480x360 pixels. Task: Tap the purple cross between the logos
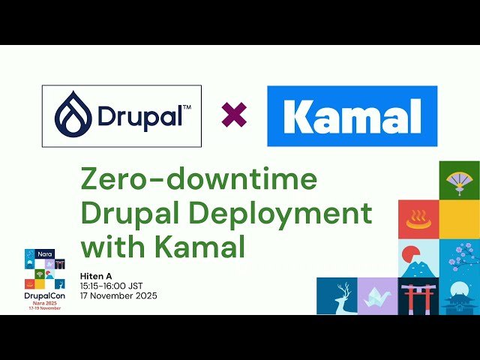234,115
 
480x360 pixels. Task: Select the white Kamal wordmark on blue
352,117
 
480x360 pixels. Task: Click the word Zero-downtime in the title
199,181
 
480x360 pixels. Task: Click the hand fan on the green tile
458,180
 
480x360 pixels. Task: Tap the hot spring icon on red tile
418,220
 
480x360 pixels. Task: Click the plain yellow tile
458,220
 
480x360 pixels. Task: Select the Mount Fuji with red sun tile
418,259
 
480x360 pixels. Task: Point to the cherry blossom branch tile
458,259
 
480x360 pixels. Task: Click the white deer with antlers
337,296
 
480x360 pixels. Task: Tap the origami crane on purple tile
378,296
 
